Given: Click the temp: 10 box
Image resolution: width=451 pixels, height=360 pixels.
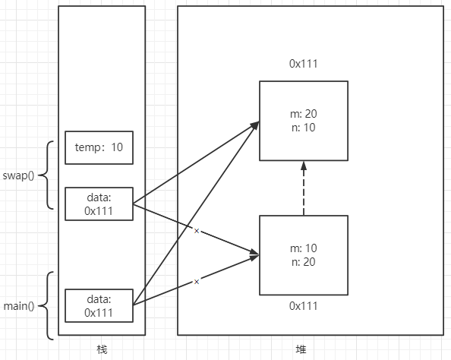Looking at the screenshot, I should [99, 147].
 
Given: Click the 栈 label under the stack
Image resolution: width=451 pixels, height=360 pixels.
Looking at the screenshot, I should [102, 349].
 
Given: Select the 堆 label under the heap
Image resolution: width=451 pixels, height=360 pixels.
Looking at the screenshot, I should [301, 349].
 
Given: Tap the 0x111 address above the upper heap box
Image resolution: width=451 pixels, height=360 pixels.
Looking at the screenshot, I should [304, 64].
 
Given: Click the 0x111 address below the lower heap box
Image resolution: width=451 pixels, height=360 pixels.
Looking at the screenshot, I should [304, 306].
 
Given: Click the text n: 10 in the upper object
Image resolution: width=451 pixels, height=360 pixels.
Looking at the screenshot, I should [304, 128].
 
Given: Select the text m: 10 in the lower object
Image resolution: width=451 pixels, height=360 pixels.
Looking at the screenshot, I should [304, 249].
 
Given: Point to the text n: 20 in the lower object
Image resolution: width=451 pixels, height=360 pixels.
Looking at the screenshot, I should [304, 262].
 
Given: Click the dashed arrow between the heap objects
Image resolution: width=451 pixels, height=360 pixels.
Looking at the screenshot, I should [304, 190].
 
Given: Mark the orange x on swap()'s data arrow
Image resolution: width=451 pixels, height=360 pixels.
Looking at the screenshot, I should [197, 230].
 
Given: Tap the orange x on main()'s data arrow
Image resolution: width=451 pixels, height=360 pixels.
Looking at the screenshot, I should [197, 282].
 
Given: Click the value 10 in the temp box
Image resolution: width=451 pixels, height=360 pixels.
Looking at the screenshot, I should [117, 147].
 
